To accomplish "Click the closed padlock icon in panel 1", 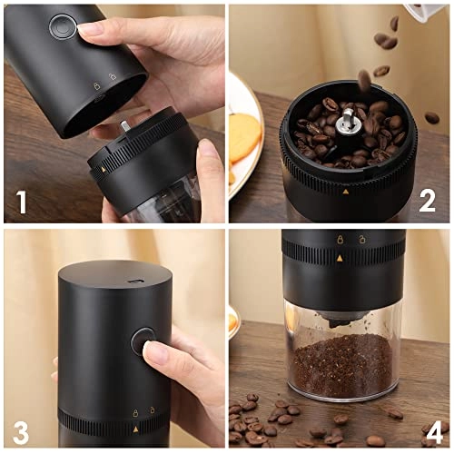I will [96, 79].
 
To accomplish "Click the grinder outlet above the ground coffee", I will [340, 319].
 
